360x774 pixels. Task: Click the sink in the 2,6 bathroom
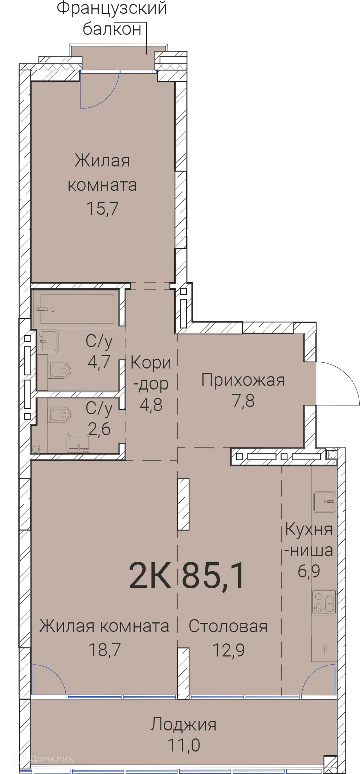(78, 442)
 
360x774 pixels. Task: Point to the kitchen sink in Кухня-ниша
(324, 502)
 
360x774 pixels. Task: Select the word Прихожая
(243, 380)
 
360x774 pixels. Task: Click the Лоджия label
(184, 725)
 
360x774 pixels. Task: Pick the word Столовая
(228, 626)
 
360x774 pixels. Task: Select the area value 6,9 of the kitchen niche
(309, 571)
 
